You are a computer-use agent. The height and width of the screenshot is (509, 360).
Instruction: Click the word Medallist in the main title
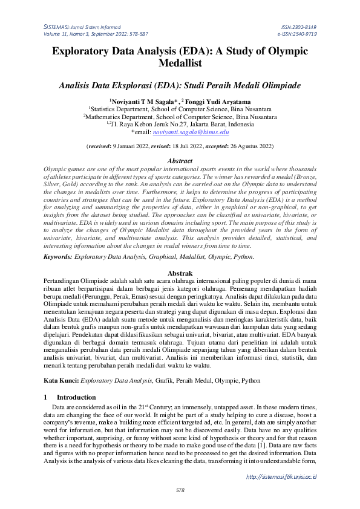[x=180, y=63]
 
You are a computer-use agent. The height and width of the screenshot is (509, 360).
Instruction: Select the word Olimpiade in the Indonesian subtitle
[x=271, y=86]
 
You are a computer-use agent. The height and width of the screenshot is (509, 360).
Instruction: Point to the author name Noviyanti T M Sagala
[x=143, y=102]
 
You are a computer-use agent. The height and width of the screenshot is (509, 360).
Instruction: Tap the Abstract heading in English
[x=180, y=161]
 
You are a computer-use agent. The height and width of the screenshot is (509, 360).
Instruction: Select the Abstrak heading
[x=180, y=273]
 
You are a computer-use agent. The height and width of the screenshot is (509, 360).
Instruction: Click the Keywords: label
[x=58, y=257]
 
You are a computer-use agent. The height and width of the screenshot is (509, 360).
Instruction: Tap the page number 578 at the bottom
[x=180, y=490]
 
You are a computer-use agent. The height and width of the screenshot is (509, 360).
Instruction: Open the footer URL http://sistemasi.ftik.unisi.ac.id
[x=281, y=477]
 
